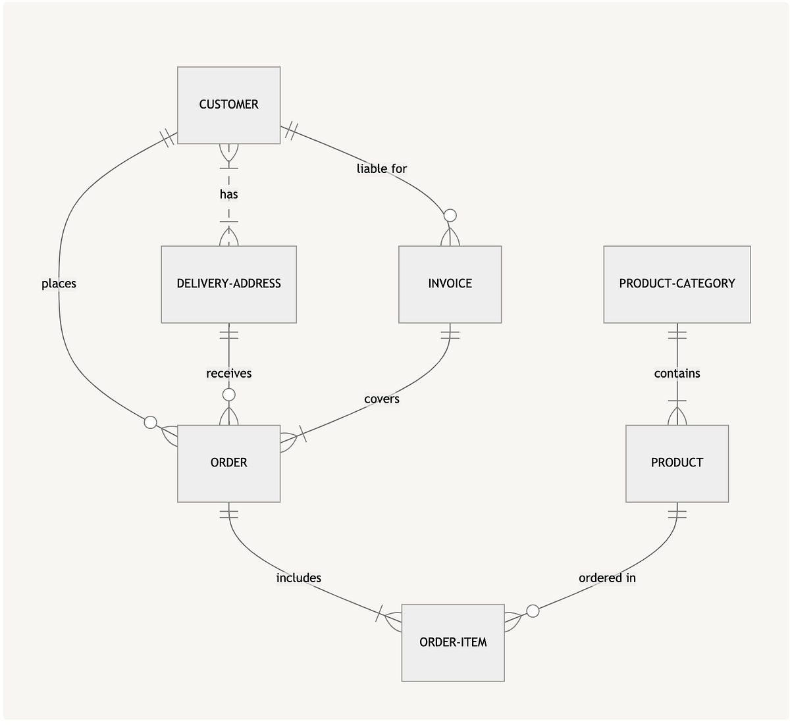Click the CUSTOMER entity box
(x=228, y=105)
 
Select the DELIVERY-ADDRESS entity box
(x=228, y=284)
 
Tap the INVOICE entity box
(x=450, y=284)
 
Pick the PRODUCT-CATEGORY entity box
(x=677, y=284)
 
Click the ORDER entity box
(x=228, y=463)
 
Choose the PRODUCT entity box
(x=677, y=463)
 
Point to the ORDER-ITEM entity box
(x=453, y=642)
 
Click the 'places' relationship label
(x=59, y=284)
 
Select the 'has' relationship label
(x=228, y=194)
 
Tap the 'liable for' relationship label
(x=382, y=169)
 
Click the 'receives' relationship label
(x=228, y=374)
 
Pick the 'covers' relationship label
(x=382, y=399)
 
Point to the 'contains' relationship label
(x=677, y=374)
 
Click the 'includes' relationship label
(x=298, y=578)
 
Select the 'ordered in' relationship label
(x=607, y=578)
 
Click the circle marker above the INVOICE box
(x=450, y=215)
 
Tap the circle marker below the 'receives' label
(x=228, y=395)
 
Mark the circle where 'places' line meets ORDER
(x=151, y=422)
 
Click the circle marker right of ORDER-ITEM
(x=533, y=611)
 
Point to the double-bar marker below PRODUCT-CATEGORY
(x=677, y=334)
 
